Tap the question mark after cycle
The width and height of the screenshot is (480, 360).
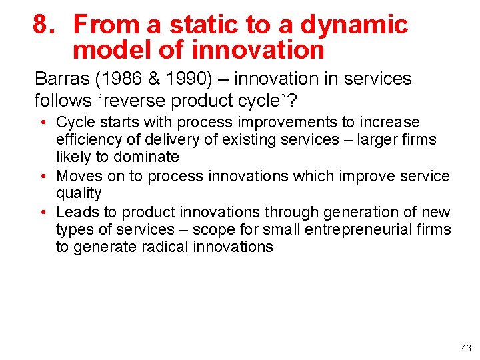coord(291,101)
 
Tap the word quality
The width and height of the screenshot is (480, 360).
coord(79,193)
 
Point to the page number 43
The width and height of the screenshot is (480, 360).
coord(465,348)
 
